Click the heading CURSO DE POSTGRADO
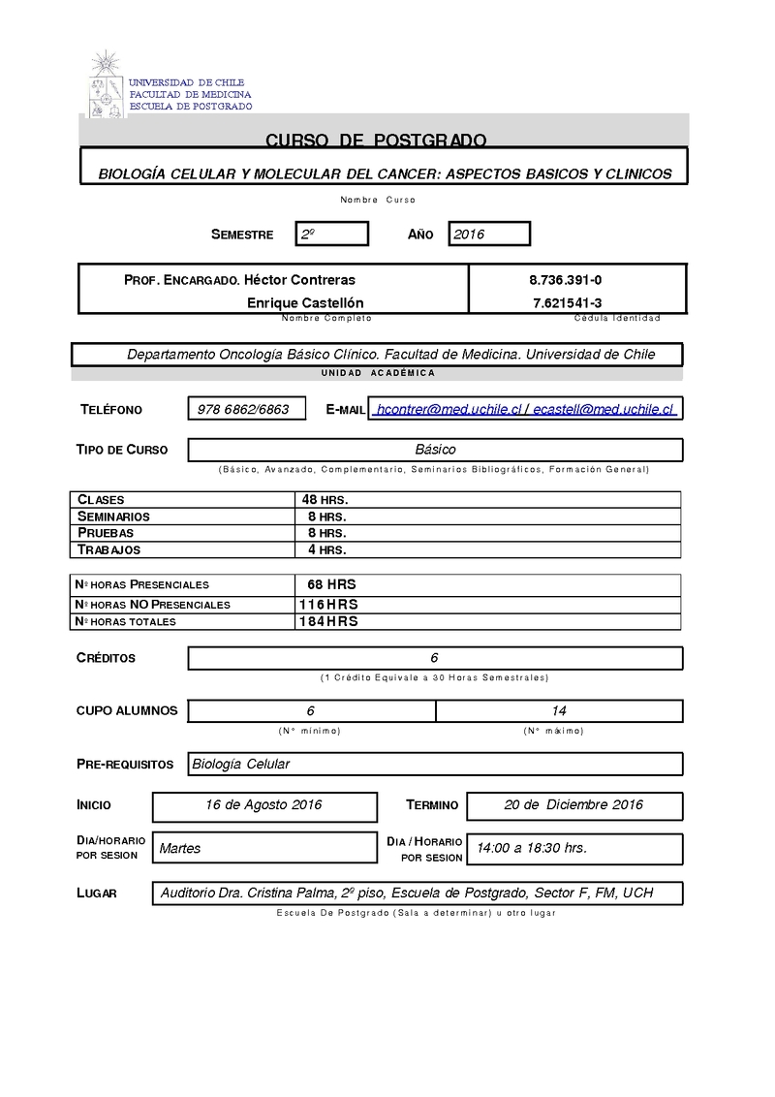[x=376, y=141]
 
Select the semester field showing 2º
[x=332, y=235]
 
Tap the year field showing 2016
[x=489, y=235]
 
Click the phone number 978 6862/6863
[x=243, y=409]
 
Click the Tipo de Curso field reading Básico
[x=435, y=450]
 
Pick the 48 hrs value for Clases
[x=325, y=499]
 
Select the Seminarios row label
[x=113, y=517]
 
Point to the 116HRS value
[x=328, y=604]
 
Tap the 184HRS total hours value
[x=328, y=621]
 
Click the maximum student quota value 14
[x=559, y=710]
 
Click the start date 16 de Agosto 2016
[x=263, y=805]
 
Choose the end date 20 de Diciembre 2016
[x=573, y=805]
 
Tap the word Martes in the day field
[x=180, y=848]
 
